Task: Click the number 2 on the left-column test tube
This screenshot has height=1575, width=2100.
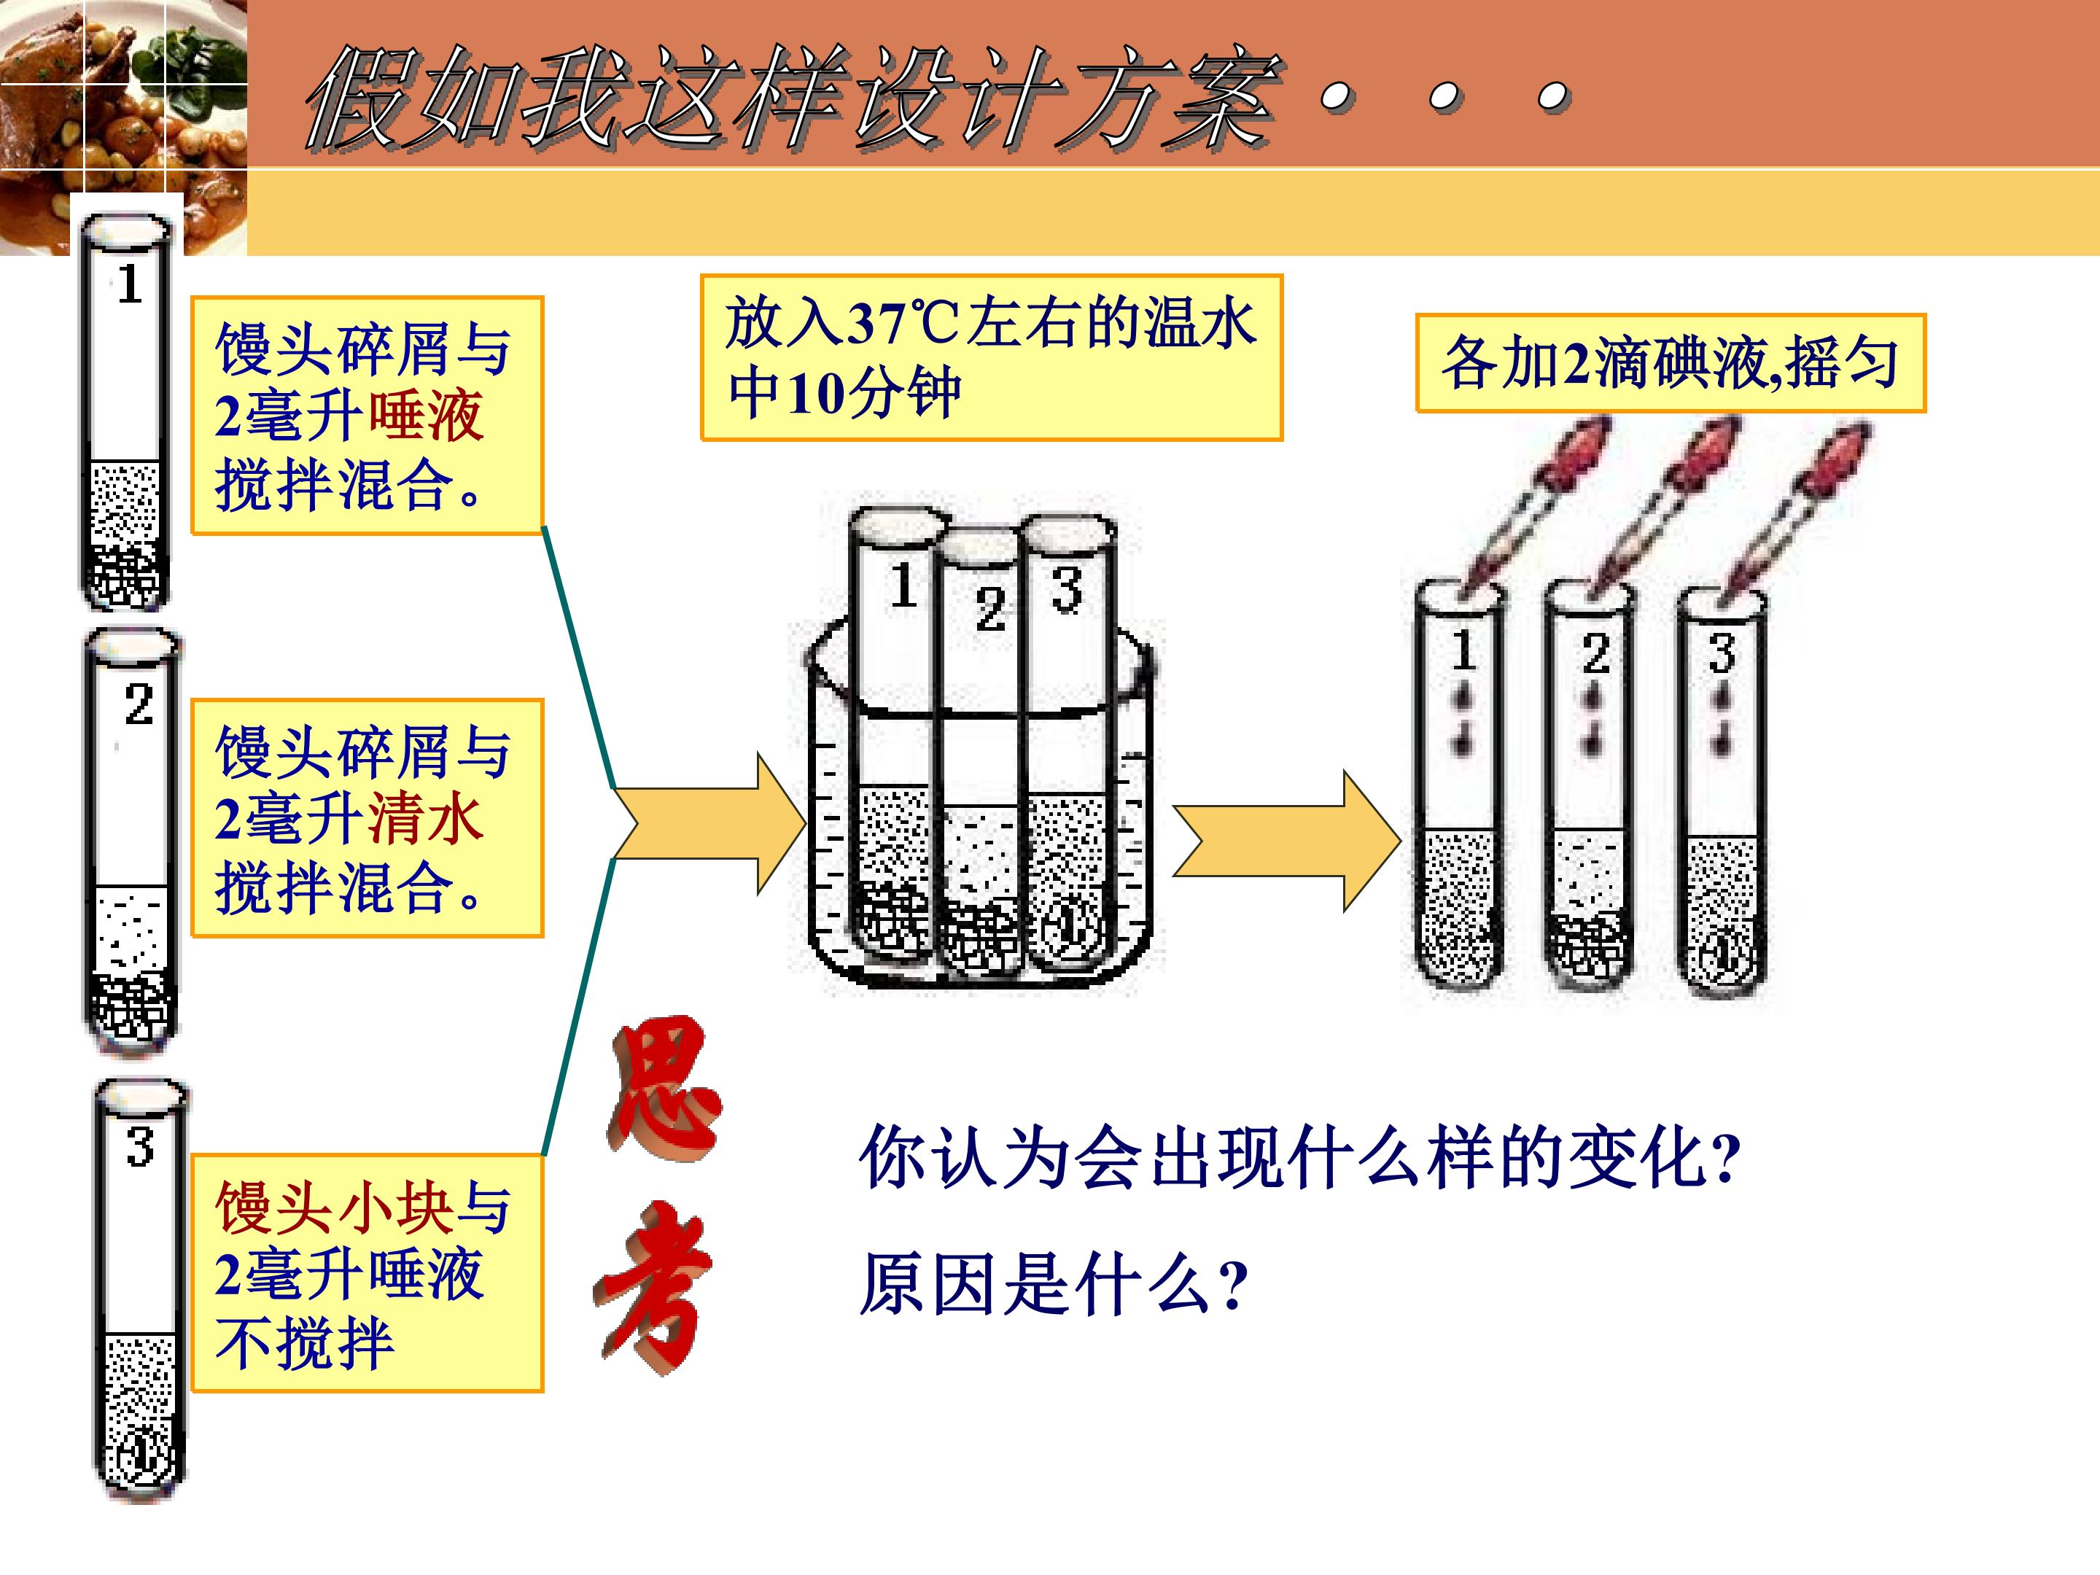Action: click(139, 704)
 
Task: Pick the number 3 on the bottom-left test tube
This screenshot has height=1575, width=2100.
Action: click(141, 1146)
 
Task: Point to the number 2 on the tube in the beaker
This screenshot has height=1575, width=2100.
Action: click(990, 609)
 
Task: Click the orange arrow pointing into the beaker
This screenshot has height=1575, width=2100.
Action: click(708, 823)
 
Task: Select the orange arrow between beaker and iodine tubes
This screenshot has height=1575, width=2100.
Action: click(1287, 841)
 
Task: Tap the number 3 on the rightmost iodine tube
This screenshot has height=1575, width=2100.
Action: click(1722, 653)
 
